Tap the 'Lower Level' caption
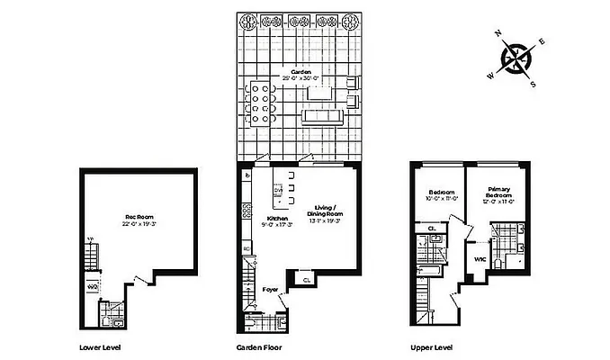coord(99,346)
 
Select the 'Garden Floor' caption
coord(262,346)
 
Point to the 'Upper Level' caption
coord(431,346)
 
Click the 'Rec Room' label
coord(139,220)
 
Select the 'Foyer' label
coord(270,289)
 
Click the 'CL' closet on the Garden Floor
coord(306,280)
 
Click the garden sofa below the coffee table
coord(324,117)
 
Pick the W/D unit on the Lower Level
coord(93,288)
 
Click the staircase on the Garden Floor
coord(249,278)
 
